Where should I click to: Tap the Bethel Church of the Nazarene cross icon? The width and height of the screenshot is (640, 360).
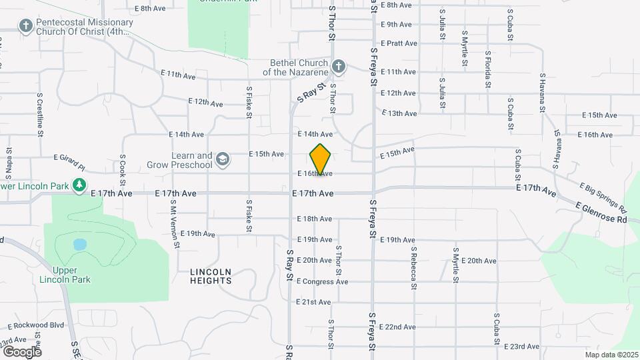[339, 66]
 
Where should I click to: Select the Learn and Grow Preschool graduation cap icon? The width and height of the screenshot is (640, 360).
[222, 159]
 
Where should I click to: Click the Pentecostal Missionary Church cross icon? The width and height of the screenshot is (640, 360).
[25, 27]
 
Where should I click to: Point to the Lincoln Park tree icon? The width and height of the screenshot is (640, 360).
[79, 184]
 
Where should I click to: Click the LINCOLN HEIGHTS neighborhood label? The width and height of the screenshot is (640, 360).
[211, 276]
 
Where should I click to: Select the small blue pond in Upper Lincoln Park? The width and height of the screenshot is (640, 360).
[79, 244]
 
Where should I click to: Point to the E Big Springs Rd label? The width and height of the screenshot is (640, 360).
[603, 194]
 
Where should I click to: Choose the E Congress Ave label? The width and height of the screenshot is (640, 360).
[323, 281]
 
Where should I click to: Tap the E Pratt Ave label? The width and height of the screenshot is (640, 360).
[399, 43]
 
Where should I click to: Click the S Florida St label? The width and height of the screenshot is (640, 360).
[488, 69]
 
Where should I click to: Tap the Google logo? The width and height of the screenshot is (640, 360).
[22, 351]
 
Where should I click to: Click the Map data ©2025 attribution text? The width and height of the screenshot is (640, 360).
[610, 355]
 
